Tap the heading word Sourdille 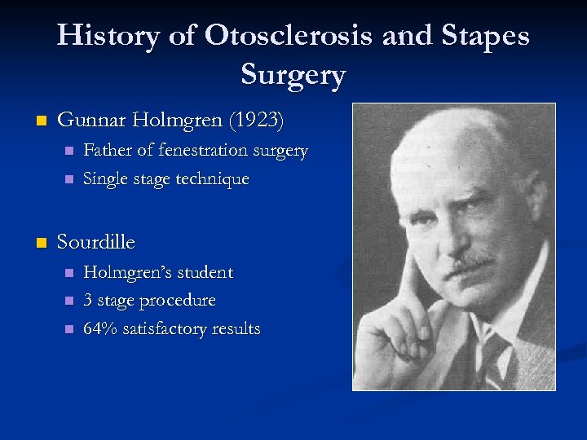96,242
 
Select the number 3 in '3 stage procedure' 89,301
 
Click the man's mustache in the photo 473,262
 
